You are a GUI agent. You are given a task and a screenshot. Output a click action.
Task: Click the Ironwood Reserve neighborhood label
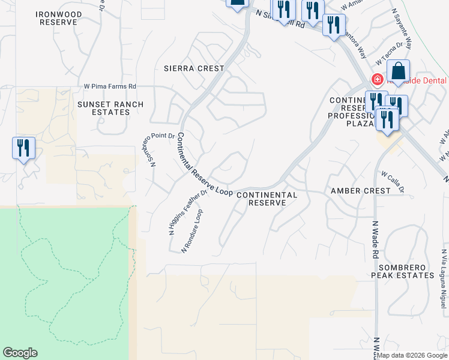click(x=58, y=18)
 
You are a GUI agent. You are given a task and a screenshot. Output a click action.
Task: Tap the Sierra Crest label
click(x=194, y=68)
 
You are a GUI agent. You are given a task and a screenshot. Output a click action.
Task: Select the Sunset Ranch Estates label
click(x=110, y=108)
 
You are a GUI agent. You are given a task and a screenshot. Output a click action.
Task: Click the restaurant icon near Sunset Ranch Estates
click(x=23, y=148)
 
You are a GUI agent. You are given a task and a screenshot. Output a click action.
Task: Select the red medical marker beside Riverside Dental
click(x=378, y=79)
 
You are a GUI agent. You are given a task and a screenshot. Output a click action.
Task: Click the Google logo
click(x=20, y=353)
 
